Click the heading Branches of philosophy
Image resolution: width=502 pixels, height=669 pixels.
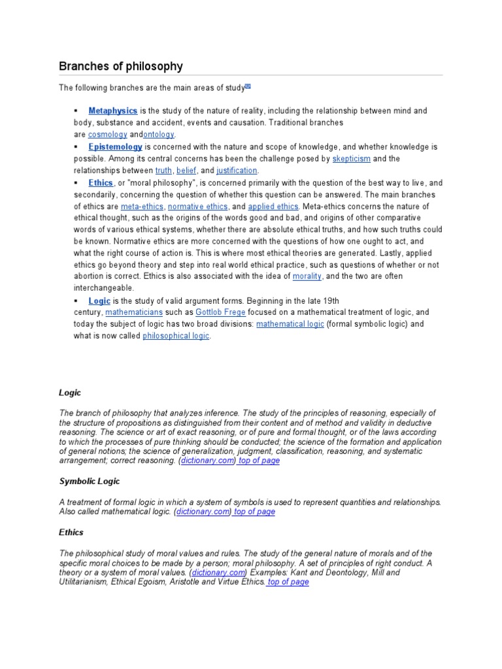(121, 67)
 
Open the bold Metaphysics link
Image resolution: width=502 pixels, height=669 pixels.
(113, 111)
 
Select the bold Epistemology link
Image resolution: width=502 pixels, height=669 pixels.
(115, 147)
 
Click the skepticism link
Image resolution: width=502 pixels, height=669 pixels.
(351, 159)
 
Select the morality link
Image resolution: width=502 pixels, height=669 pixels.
(307, 276)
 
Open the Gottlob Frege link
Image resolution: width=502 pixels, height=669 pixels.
(220, 312)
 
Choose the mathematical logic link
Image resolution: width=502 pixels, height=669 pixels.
(290, 324)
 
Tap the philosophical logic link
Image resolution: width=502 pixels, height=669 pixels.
(176, 336)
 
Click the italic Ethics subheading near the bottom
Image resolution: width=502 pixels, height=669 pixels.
(71, 532)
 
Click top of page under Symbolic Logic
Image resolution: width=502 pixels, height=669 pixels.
(255, 512)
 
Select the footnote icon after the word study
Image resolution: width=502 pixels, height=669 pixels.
(248, 86)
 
